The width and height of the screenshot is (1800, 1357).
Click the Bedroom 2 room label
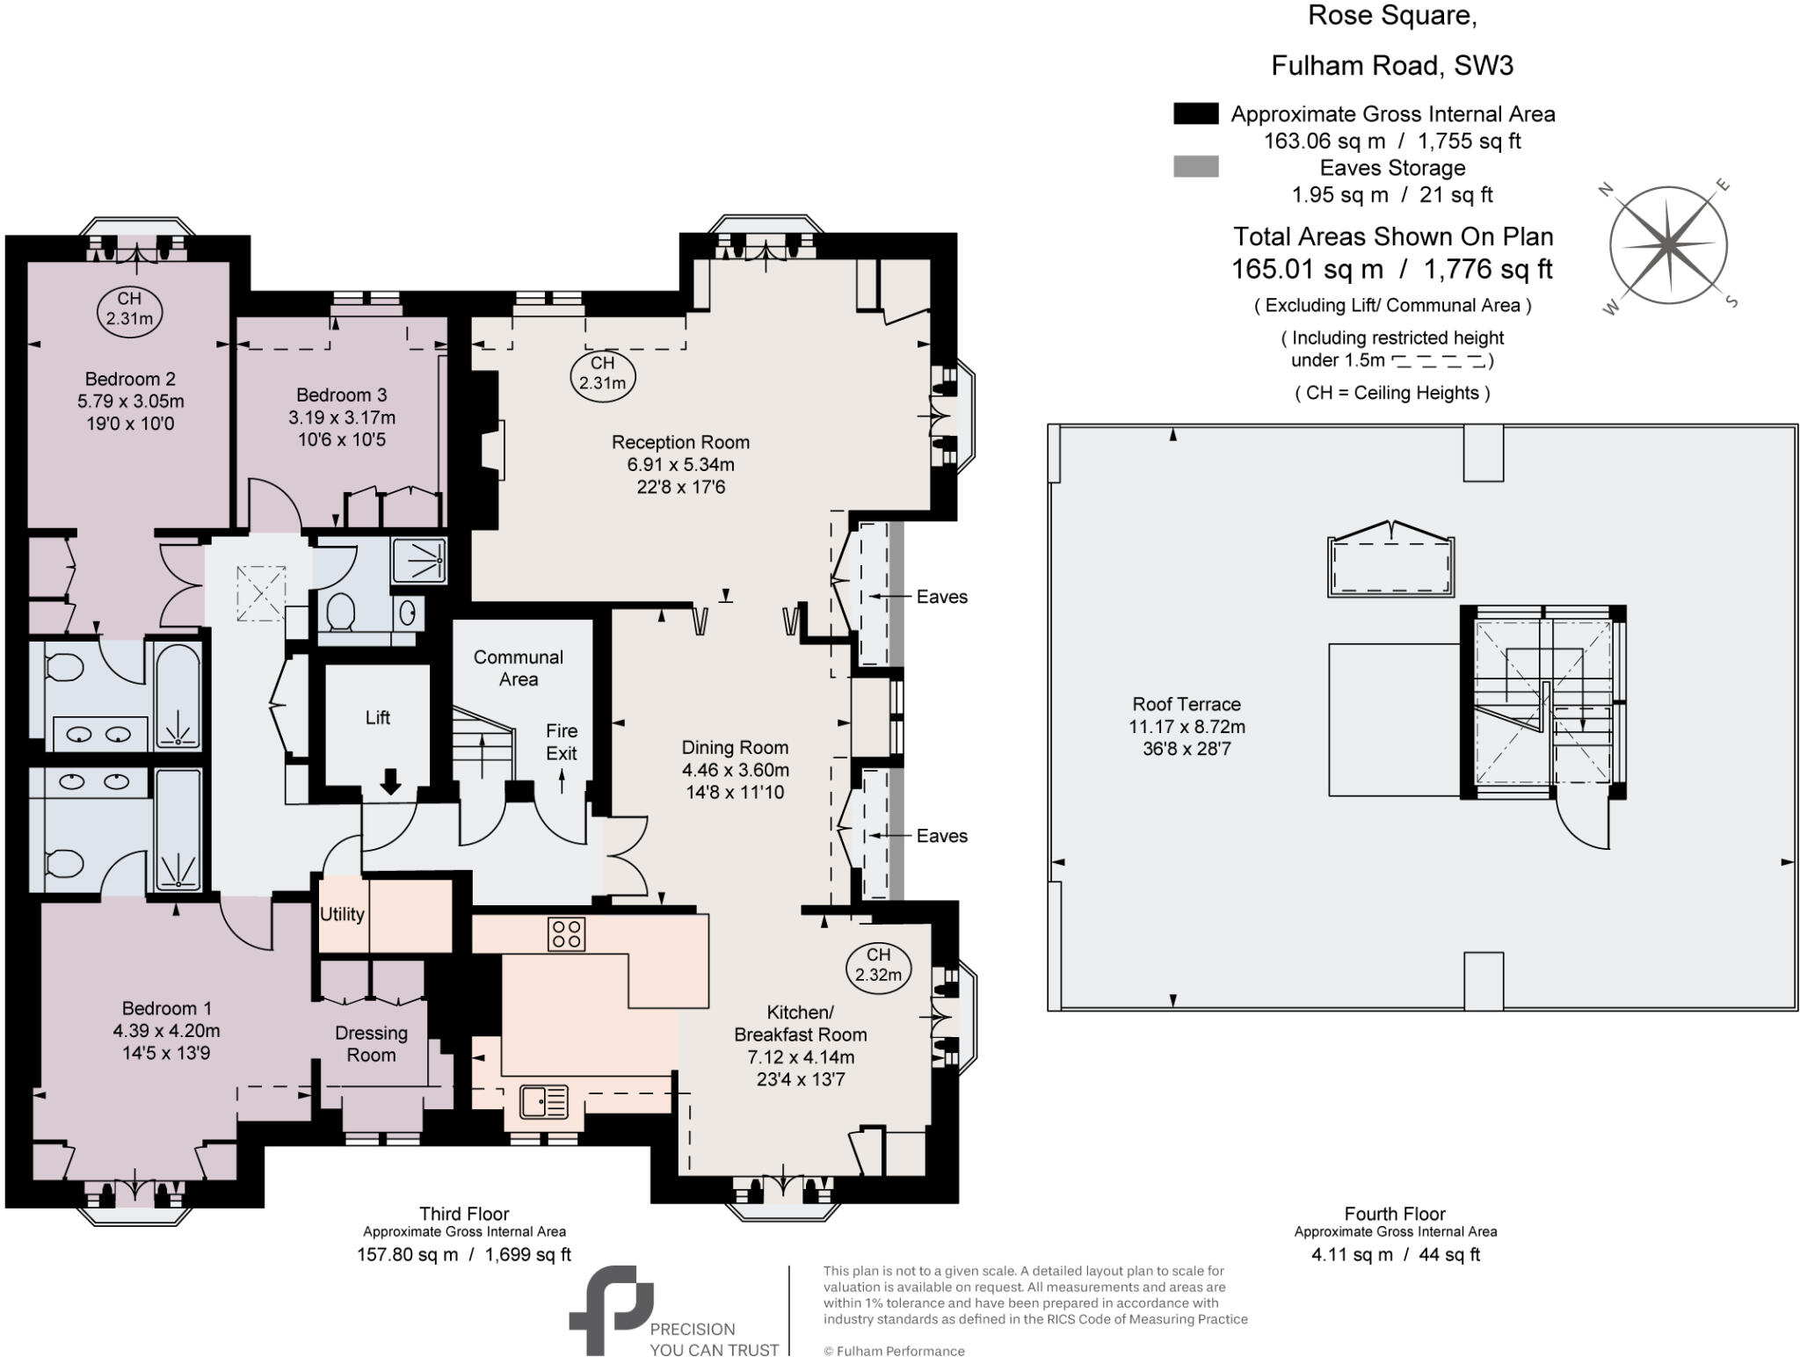pos(130,379)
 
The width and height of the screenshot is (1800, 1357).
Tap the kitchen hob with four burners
pos(566,933)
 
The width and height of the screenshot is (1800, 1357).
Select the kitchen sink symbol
pos(543,1101)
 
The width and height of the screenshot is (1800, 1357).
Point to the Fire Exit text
pos(562,742)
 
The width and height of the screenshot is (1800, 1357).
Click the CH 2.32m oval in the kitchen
pos(878,965)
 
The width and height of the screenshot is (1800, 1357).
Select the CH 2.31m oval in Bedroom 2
pos(129,308)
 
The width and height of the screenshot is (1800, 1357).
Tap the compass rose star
pos(1667,245)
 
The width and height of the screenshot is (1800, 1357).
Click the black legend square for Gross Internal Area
pos(1195,113)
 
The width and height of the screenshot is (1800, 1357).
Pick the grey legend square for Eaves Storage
pos(1195,166)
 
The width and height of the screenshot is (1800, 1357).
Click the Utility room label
pos(342,914)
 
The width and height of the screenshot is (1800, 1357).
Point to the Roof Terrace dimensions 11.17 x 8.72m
pos(1187,727)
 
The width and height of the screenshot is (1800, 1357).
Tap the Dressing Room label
pos(371,1043)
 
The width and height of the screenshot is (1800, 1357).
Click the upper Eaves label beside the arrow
pos(941,597)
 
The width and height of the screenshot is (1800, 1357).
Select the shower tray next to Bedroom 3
pos(419,559)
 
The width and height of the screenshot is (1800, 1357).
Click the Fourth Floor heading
pos(1395,1214)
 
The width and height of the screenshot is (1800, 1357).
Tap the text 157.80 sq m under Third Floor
pos(407,1254)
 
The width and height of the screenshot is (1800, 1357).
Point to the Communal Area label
pos(519,668)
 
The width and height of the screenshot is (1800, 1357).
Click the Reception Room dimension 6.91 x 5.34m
pos(680,464)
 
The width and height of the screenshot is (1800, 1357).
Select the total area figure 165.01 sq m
pos(1308,269)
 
